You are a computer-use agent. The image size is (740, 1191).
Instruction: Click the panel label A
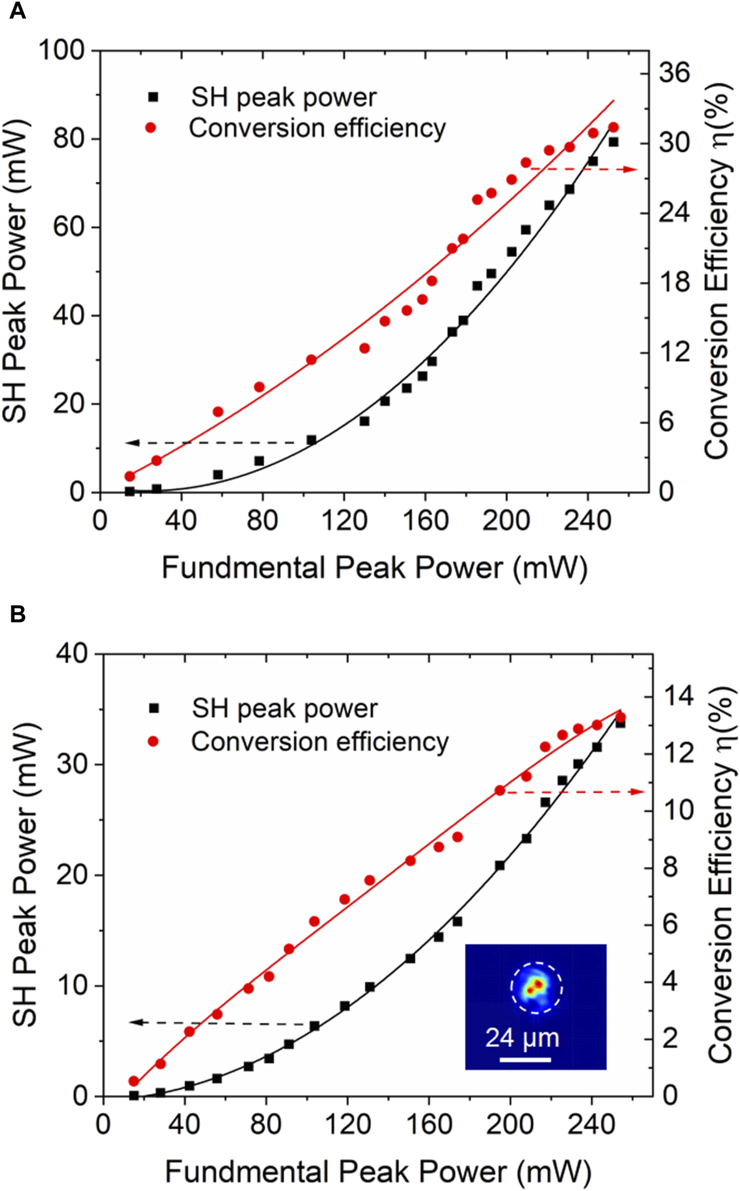tap(18, 11)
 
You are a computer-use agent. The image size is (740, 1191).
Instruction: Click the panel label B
tap(18, 614)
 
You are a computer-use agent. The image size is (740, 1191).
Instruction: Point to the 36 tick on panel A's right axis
tap(674, 73)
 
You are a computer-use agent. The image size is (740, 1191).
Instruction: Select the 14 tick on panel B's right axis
tap(679, 696)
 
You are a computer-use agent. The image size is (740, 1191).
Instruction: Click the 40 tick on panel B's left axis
tap(72, 654)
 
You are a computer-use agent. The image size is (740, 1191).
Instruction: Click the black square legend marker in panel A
tap(152, 97)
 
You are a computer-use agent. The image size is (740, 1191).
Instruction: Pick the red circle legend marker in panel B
tap(153, 741)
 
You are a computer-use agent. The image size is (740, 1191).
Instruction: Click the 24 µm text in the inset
tap(522, 1038)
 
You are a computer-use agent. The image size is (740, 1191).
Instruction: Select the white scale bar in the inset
tap(525, 1060)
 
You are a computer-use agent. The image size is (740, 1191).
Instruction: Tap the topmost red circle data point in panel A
tap(613, 127)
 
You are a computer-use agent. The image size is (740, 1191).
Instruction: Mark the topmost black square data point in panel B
tap(620, 723)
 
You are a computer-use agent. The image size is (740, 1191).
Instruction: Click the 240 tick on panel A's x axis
tap(588, 520)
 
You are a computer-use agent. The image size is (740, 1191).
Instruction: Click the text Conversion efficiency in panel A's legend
tap(317, 128)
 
